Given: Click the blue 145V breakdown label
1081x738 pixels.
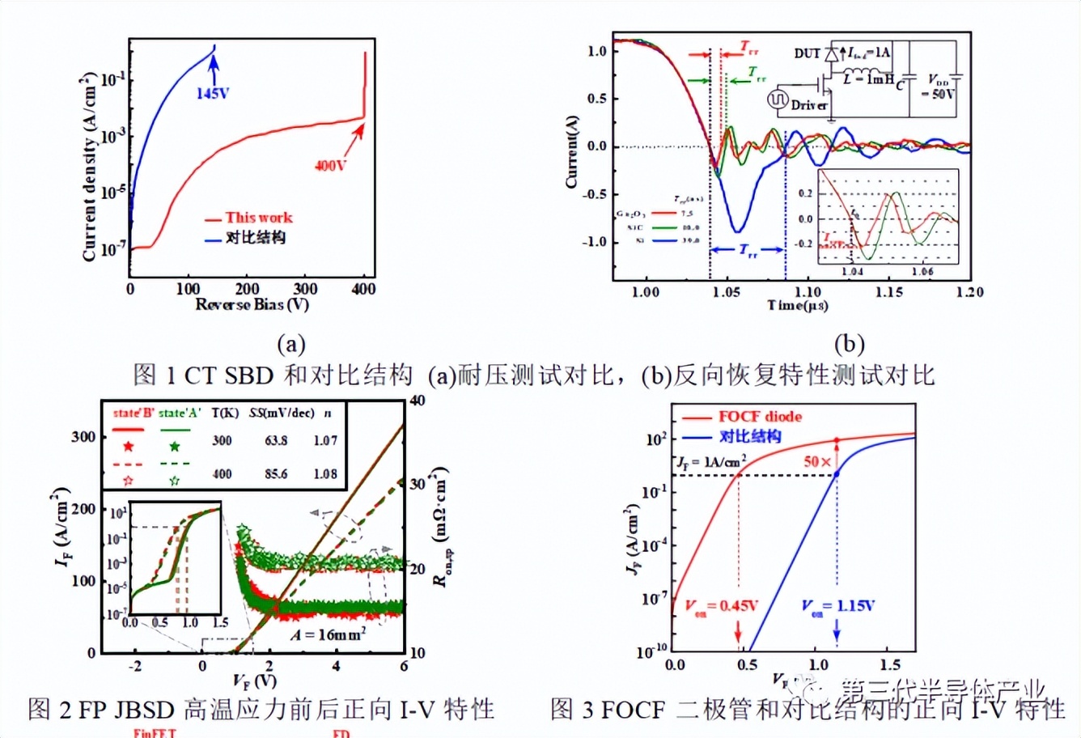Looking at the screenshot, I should point(212,93).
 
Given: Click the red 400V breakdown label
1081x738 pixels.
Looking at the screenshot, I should point(330,165).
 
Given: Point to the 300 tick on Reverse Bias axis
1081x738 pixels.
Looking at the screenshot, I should point(305,289).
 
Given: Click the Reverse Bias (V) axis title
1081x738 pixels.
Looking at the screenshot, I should point(252,305).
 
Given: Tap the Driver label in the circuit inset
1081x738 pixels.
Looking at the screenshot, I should point(809,104).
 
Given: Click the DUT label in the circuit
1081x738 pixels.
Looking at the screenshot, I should point(807,53).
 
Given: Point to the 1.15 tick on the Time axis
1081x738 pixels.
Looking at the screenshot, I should point(889,291).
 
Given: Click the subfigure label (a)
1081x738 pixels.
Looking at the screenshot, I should point(291,344).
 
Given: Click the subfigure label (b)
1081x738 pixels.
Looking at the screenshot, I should point(849,344).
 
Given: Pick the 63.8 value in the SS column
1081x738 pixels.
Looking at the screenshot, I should point(276,440).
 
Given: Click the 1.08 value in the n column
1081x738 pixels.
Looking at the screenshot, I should point(325,473).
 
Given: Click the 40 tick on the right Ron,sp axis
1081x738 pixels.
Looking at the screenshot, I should point(418,401).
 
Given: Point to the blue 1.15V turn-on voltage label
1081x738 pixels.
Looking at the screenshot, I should point(837,606).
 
